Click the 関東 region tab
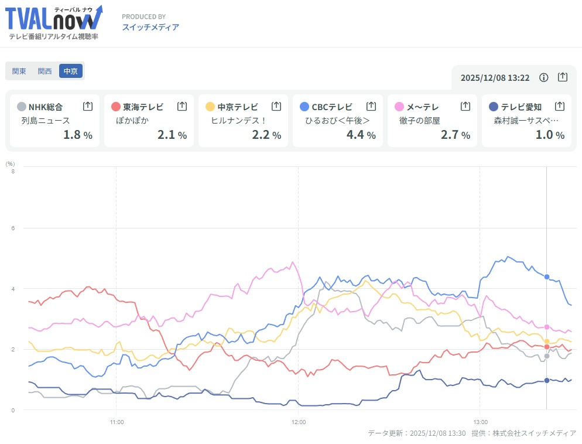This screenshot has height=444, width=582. (19, 71)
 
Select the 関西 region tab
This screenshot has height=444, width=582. (45, 71)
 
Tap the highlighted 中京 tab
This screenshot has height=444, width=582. (71, 71)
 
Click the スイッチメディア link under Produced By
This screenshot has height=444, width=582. (150, 27)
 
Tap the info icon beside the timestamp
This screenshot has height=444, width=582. (543, 77)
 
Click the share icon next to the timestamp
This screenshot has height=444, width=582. (562, 77)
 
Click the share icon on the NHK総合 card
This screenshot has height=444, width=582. (88, 107)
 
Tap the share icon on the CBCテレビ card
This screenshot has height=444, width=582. (371, 107)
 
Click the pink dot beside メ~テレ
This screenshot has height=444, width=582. (399, 107)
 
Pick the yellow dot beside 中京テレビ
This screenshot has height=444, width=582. (210, 107)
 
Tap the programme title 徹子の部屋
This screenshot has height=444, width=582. (420, 120)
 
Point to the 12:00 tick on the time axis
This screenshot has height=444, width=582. (299, 421)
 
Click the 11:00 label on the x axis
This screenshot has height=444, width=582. (117, 421)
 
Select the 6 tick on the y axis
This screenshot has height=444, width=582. (13, 228)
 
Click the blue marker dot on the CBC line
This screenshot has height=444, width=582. (547, 276)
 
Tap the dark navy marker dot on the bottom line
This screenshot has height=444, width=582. (547, 381)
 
